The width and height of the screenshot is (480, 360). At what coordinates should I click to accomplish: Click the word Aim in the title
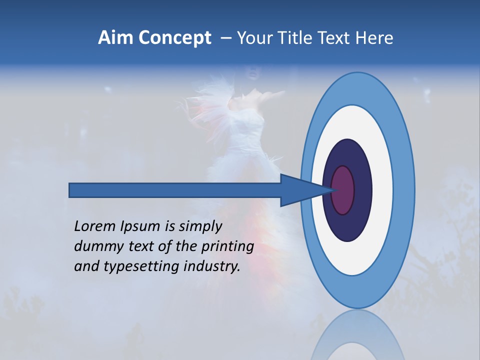115,38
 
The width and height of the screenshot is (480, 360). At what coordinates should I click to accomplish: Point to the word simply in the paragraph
200,226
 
